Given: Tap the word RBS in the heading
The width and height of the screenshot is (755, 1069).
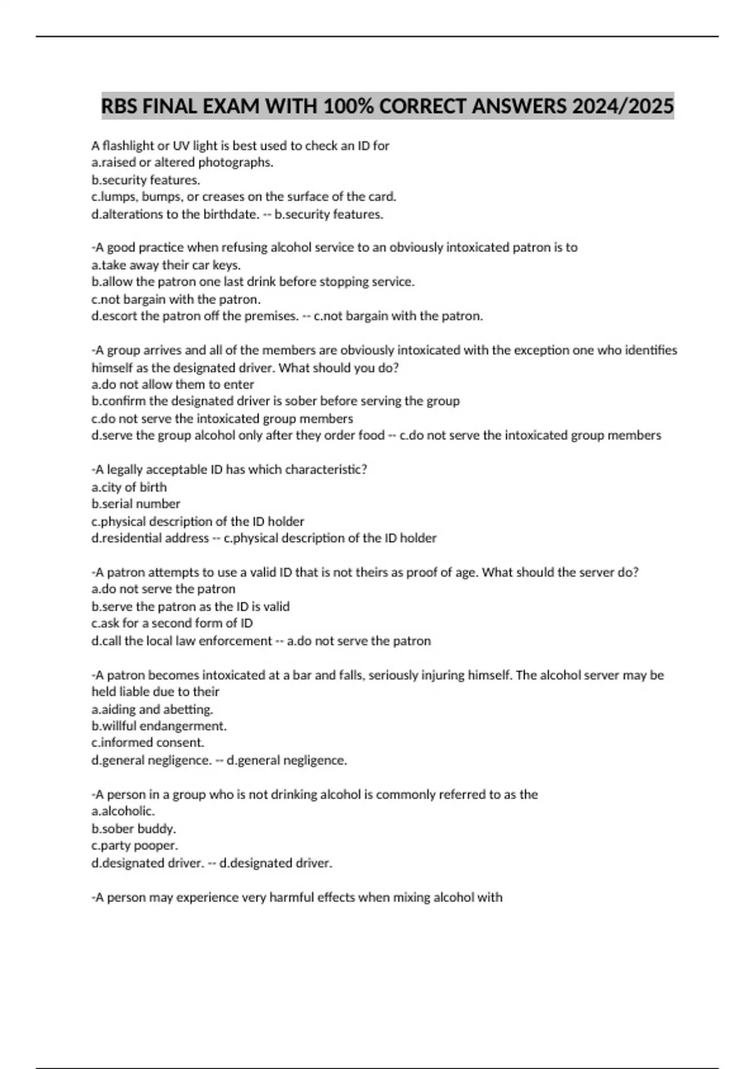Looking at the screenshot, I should pyautogui.click(x=120, y=106).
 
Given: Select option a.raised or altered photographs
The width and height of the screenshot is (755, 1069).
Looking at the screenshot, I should pyautogui.click(x=182, y=163).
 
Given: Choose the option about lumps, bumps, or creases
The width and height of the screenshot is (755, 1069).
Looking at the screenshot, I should pyautogui.click(x=243, y=197).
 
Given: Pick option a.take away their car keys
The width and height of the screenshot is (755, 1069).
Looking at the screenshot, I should pyautogui.click(x=165, y=265).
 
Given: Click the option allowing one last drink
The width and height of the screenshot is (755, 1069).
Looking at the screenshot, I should pyautogui.click(x=252, y=282).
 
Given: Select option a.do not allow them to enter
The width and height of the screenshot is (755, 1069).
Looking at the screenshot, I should pyautogui.click(x=172, y=385).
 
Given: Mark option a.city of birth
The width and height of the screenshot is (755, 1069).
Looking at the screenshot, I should pyautogui.click(x=129, y=487).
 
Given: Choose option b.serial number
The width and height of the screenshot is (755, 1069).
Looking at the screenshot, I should pyautogui.click(x=135, y=504).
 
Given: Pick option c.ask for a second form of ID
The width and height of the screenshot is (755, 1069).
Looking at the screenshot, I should pyautogui.click(x=172, y=623).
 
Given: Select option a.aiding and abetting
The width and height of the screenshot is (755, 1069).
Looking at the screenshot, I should pyautogui.click(x=152, y=709).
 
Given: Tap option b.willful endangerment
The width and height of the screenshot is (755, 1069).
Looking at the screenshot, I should pyautogui.click(x=159, y=726).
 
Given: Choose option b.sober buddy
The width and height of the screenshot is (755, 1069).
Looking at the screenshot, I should pyautogui.click(x=133, y=829).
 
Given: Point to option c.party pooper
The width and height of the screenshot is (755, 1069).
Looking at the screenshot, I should pyautogui.click(x=135, y=846).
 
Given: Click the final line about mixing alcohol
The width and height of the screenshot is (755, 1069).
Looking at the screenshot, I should pyautogui.click(x=297, y=898).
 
